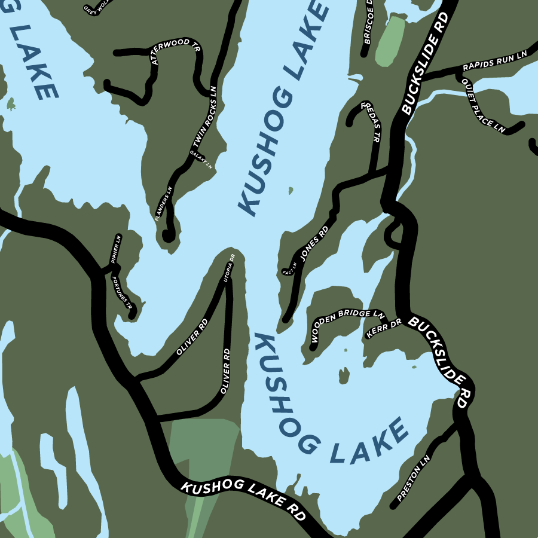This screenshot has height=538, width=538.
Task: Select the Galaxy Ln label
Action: [201, 160]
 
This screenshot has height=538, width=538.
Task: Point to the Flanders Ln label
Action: [163, 204]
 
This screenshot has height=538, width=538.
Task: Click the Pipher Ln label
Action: [116, 249]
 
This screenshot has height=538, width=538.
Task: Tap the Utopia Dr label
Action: [229, 267]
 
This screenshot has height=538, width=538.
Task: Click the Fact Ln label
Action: [289, 270]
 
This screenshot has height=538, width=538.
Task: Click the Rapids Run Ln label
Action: [494, 62]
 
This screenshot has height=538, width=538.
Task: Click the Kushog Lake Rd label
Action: [243, 494]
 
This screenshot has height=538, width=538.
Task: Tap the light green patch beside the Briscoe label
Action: [389, 42]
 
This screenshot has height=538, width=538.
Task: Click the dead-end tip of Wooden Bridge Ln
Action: [313, 346]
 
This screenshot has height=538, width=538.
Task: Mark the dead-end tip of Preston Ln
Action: [394, 506]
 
